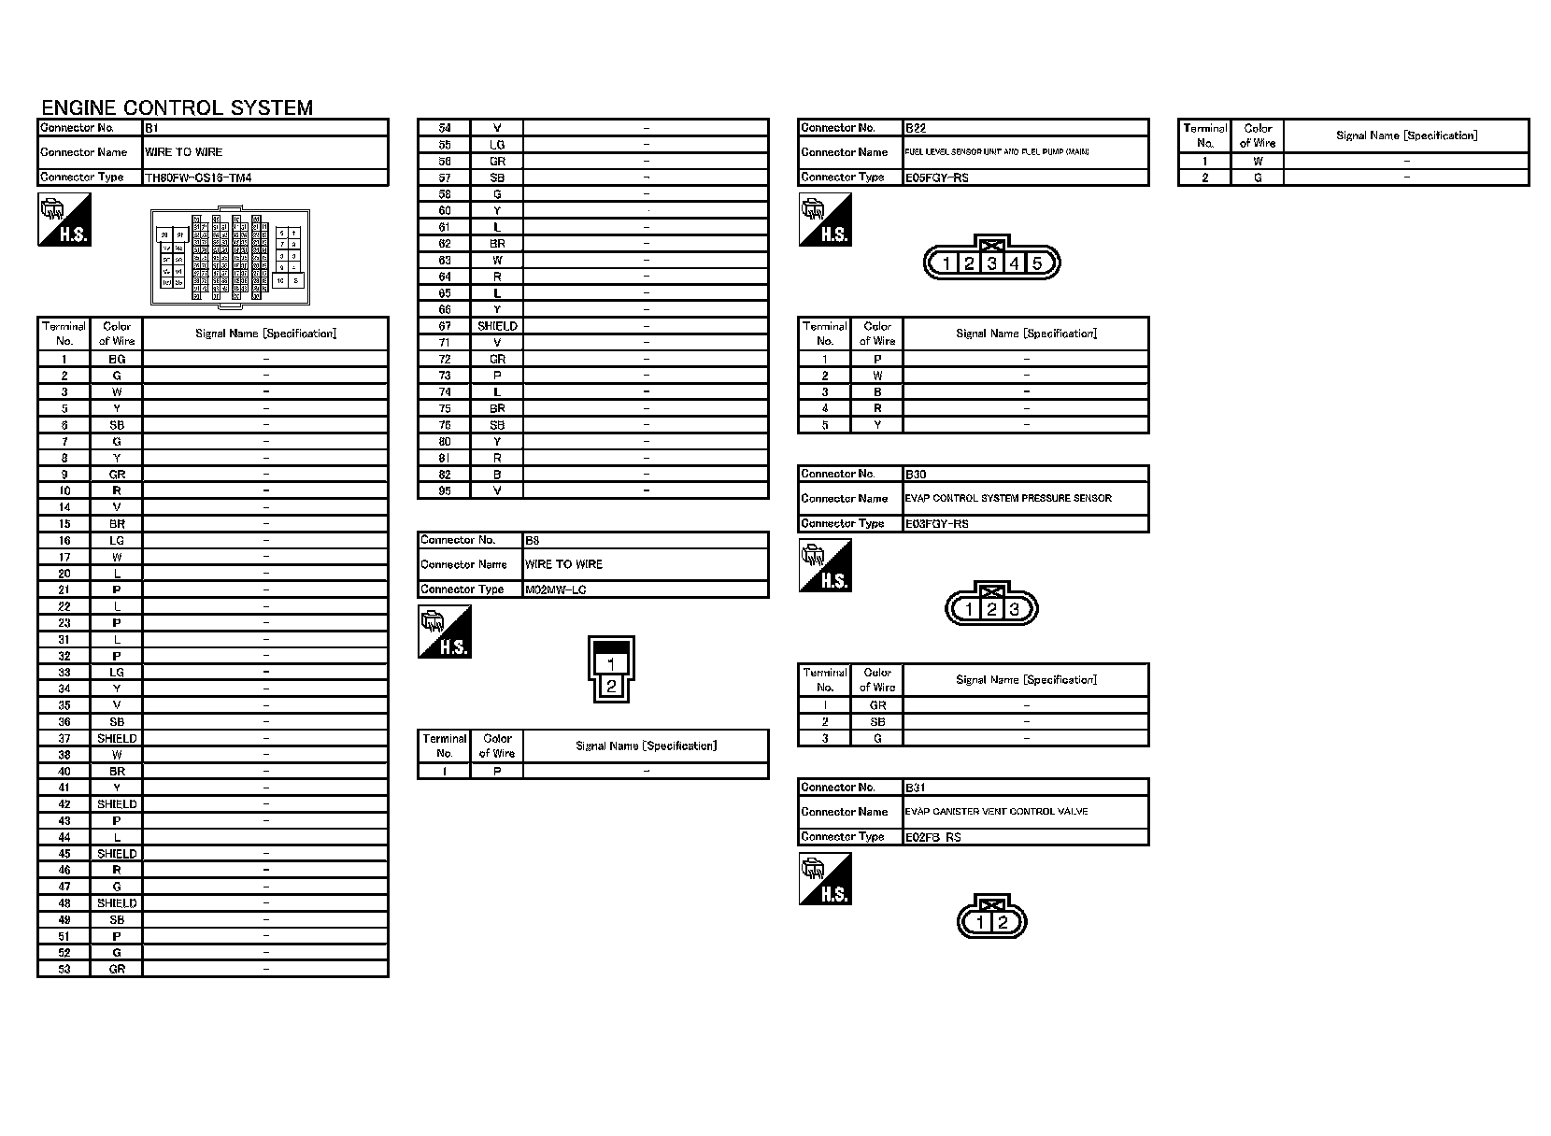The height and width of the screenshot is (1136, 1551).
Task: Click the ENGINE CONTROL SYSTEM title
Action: [178, 107]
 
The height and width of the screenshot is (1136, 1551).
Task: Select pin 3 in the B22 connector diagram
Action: [991, 263]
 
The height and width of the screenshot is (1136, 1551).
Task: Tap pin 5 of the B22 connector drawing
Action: [1036, 263]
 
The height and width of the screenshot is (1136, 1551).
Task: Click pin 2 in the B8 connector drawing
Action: [611, 686]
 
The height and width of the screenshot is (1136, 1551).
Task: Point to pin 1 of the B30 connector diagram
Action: [970, 610]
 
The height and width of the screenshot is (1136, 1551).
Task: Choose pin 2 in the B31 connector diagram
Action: [1003, 923]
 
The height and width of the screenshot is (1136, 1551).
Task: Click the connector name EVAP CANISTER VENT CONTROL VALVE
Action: [996, 812]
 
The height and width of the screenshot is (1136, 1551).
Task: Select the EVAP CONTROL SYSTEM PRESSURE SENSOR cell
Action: [1008, 498]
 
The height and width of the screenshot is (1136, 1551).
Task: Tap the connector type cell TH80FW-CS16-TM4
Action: [198, 177]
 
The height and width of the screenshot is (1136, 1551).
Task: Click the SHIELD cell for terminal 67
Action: [497, 326]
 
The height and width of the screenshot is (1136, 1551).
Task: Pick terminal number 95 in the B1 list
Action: [445, 490]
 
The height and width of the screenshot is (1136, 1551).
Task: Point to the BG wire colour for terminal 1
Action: [117, 359]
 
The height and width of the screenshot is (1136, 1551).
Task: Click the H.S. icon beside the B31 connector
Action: [826, 879]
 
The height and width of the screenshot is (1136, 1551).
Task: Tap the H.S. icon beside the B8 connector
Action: [445, 632]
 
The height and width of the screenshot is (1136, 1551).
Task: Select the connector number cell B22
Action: [916, 128]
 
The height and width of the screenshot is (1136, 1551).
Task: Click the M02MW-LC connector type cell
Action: [556, 589]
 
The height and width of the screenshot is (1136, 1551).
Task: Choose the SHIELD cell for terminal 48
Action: [117, 903]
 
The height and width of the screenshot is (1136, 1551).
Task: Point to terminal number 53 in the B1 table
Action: [64, 969]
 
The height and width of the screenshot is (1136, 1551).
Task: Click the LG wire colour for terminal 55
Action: [497, 145]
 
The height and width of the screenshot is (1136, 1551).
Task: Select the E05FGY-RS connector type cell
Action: [936, 177]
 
